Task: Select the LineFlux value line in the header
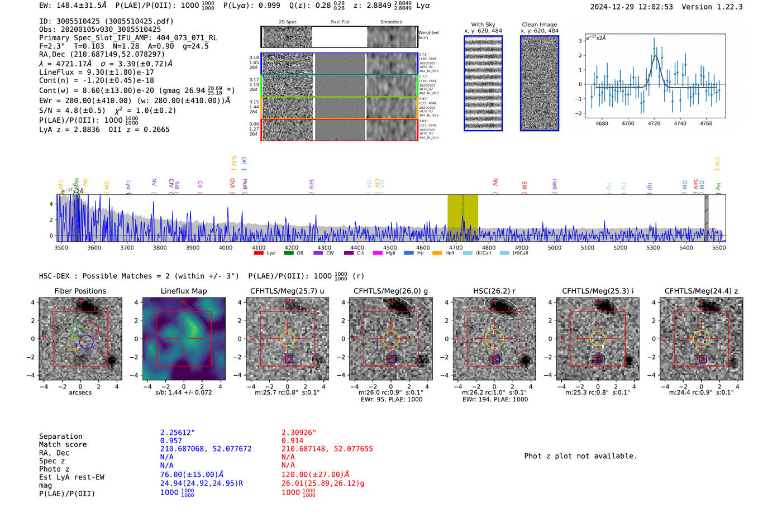coord(96,72)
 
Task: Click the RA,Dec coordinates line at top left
coord(102,54)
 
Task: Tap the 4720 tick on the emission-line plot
coord(654,123)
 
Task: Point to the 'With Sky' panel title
coord(483,25)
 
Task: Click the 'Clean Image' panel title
coord(539,25)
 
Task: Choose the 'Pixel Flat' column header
coord(340,22)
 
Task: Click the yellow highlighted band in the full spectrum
coord(462,218)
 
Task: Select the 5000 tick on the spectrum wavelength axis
coord(554,247)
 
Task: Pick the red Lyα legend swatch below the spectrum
coord(259,253)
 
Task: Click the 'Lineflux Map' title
coord(183,291)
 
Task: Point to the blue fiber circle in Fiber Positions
coord(86,342)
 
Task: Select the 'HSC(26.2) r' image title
coord(494,291)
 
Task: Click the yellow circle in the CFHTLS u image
coord(287,338)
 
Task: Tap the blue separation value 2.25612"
coord(177,433)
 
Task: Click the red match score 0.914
coord(292,441)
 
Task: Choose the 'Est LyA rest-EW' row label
coord(71,477)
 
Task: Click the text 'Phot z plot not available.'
coord(580,456)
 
